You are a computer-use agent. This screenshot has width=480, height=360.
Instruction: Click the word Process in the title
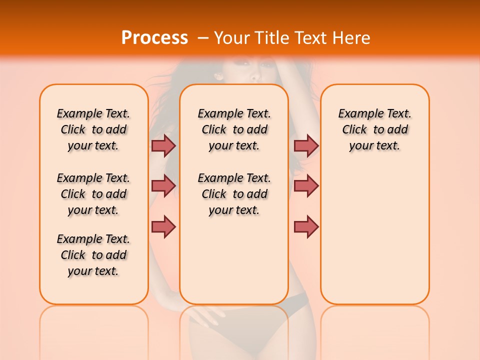(x=154, y=38)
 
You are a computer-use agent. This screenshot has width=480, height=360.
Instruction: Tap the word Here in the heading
(x=351, y=38)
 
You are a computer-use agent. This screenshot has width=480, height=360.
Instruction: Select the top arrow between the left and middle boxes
(x=163, y=145)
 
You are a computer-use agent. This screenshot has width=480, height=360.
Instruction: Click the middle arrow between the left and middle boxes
(x=163, y=186)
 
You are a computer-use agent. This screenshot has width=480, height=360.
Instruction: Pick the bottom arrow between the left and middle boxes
(x=163, y=226)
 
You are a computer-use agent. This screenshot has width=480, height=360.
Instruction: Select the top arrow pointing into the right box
(x=306, y=145)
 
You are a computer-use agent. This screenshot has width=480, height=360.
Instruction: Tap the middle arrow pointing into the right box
(x=306, y=186)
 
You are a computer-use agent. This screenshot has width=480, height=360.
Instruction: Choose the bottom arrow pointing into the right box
(x=306, y=226)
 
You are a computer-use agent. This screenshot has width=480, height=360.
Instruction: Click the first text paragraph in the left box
(x=93, y=129)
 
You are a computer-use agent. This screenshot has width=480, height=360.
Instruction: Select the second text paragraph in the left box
(x=93, y=194)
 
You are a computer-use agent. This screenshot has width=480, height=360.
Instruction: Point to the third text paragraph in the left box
(x=93, y=255)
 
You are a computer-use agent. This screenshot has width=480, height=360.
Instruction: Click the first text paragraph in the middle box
(x=234, y=129)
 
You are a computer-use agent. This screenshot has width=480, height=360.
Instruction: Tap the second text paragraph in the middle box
(x=234, y=194)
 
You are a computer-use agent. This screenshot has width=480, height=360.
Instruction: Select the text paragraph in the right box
(x=375, y=129)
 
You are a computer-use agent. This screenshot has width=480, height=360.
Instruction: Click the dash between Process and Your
(x=203, y=38)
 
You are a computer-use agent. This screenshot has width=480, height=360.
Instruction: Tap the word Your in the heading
(x=231, y=38)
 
